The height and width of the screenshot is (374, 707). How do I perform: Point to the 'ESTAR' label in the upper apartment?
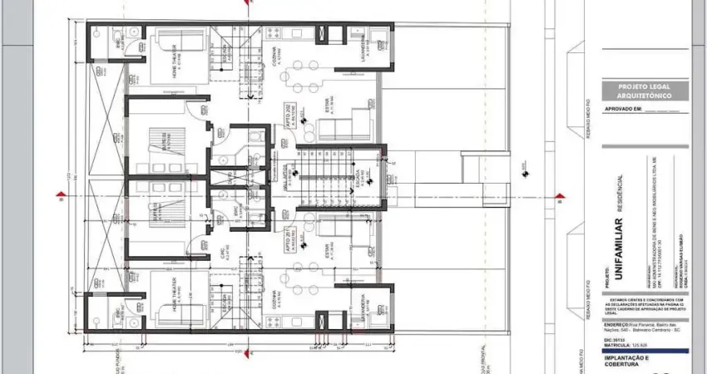326,108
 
